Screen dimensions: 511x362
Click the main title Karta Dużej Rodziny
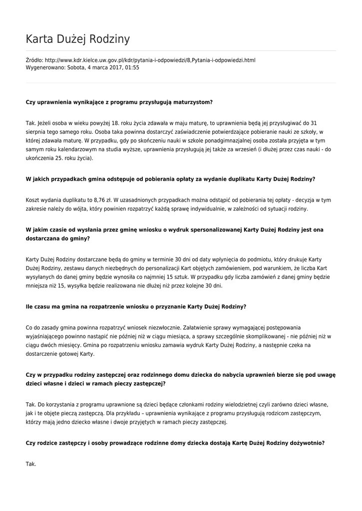point(77,39)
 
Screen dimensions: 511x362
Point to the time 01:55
point(132,67)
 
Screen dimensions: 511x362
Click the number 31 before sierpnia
point(314,123)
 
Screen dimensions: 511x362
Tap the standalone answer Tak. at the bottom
point(31,464)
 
